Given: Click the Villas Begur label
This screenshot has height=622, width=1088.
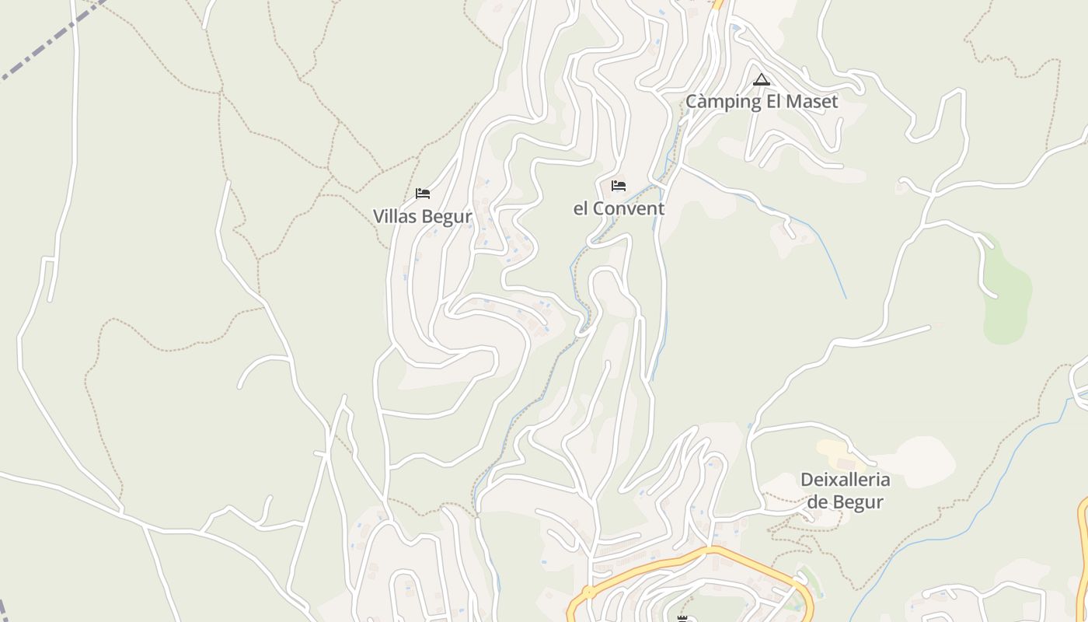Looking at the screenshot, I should (422, 216).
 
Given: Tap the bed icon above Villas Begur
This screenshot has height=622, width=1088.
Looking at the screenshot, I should (423, 194).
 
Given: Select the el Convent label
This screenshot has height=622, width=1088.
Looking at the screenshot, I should (619, 208).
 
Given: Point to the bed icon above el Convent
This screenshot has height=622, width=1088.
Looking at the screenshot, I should (619, 186).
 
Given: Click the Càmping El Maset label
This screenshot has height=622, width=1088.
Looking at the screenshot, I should (762, 102).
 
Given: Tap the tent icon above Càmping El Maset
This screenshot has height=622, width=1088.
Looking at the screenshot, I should (762, 79).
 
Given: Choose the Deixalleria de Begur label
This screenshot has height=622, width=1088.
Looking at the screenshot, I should (846, 491).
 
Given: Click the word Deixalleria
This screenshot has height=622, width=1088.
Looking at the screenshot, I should (846, 480).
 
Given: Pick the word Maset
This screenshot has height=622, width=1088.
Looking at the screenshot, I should (812, 102).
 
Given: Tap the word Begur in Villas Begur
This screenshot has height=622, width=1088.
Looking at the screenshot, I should (445, 216).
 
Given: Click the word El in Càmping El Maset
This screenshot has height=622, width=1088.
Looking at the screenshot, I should (772, 102).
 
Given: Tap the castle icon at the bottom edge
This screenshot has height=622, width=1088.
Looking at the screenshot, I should (682, 618).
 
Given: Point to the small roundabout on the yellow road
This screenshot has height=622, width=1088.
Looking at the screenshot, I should (588, 592).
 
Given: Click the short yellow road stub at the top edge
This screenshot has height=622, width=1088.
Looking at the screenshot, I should (718, 4).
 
